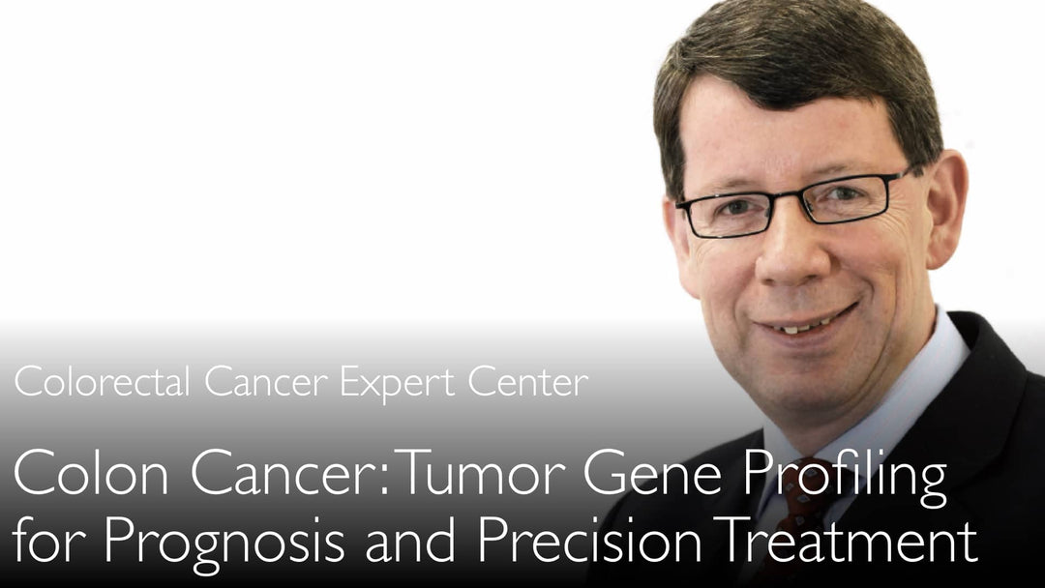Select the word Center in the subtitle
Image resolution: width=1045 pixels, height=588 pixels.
pyautogui.click(x=528, y=383)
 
